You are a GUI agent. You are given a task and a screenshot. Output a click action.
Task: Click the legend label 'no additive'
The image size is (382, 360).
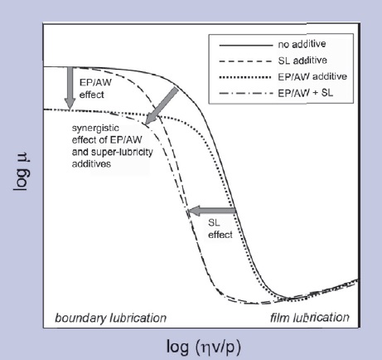[302, 44]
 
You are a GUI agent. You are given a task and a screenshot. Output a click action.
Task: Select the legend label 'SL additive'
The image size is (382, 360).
[302, 61]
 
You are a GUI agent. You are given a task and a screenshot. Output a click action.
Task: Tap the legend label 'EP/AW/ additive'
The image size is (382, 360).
[312, 76]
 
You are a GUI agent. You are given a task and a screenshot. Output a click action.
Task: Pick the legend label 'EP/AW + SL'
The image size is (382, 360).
[306, 93]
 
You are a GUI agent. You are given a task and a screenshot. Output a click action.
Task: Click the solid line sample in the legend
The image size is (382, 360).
[246, 45]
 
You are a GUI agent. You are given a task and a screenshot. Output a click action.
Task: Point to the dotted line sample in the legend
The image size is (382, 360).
[245, 77]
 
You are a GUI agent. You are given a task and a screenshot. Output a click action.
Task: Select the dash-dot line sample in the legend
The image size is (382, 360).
[246, 94]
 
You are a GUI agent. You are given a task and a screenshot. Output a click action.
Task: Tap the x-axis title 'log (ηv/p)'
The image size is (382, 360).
[204, 347]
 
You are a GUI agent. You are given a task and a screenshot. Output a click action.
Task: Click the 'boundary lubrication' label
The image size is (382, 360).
[111, 318]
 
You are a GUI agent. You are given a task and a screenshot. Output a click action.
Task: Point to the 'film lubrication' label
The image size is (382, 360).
[310, 318]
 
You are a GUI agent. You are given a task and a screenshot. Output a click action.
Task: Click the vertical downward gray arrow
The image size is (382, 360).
[70, 88]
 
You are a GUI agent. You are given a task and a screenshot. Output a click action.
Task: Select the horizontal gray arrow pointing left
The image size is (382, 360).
[212, 211]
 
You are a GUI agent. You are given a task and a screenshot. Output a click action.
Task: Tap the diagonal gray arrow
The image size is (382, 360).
[162, 106]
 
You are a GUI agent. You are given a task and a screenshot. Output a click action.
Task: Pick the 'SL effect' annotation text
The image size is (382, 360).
[220, 229]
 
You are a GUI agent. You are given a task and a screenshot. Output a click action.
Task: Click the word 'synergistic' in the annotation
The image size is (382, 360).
[95, 129]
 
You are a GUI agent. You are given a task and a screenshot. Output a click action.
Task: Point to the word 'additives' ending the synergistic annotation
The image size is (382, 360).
[91, 163]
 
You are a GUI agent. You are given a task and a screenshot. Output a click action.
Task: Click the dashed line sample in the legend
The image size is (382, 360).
[246, 61]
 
